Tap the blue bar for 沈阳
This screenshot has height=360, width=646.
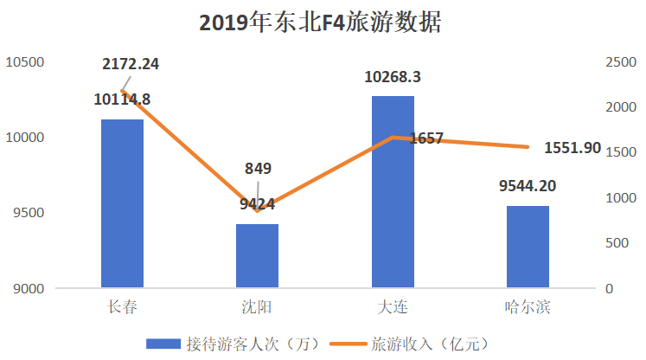click(x=258, y=255)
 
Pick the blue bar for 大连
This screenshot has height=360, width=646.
click(x=393, y=191)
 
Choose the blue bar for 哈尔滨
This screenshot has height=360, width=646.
click(x=528, y=247)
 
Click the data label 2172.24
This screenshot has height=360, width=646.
click(x=131, y=63)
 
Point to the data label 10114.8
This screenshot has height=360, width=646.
click(x=122, y=100)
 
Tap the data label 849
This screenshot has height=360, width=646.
click(x=258, y=168)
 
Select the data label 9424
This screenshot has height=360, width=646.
click(x=258, y=204)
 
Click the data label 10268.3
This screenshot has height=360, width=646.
click(x=393, y=77)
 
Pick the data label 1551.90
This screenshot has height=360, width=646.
click(x=572, y=148)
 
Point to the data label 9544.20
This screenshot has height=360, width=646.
click(x=528, y=186)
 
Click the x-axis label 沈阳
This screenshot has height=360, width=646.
click(x=258, y=307)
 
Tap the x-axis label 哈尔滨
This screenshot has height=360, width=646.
click(x=528, y=307)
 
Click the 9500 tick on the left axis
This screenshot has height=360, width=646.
click(x=28, y=213)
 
